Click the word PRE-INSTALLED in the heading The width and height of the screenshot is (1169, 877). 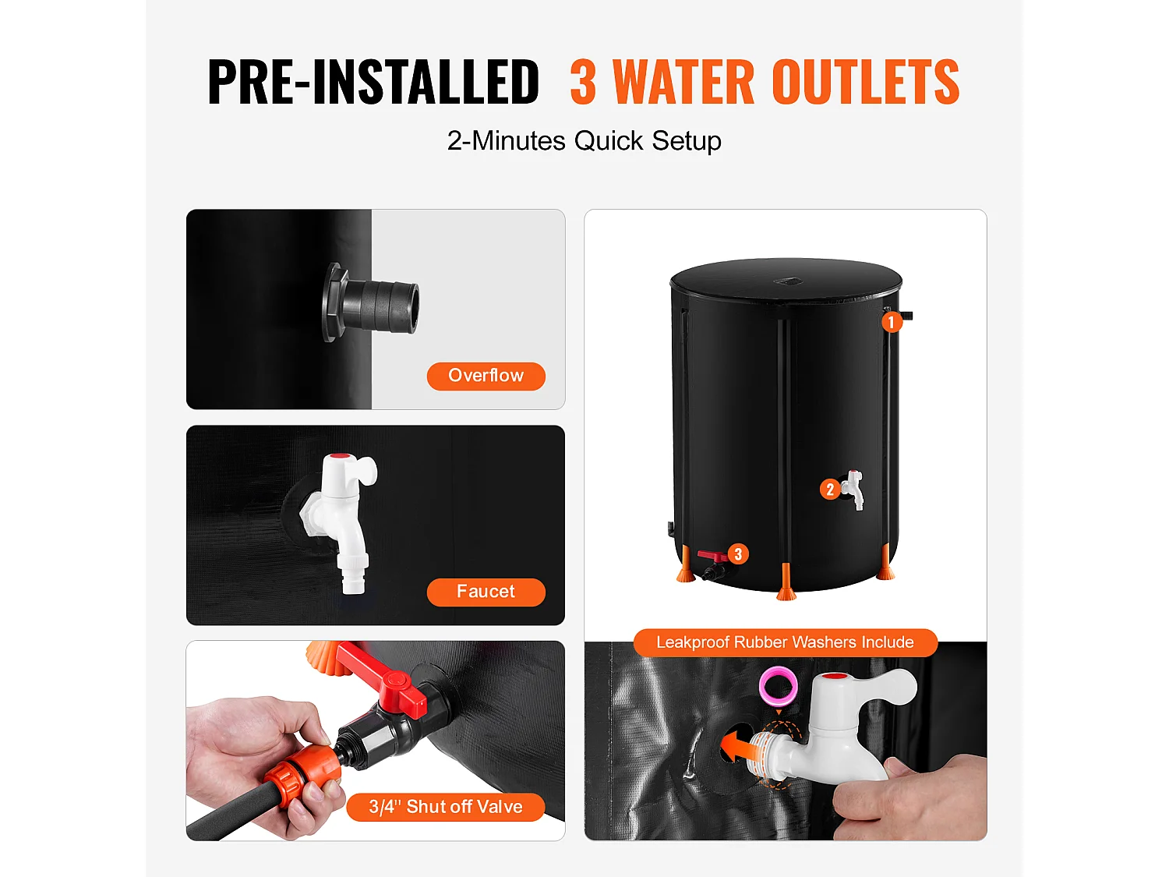[x=373, y=82]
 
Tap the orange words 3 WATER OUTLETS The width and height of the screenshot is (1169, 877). [x=765, y=82]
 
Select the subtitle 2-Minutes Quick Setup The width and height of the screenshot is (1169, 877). [x=584, y=141]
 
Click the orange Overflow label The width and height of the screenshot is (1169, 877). [x=486, y=376]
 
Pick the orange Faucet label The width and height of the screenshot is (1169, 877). [x=486, y=592]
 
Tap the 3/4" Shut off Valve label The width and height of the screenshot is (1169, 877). [x=445, y=807]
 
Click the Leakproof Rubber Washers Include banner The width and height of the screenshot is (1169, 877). [x=785, y=642]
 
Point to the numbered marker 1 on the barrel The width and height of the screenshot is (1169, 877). [x=892, y=322]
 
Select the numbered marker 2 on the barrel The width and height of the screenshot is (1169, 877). [x=830, y=490]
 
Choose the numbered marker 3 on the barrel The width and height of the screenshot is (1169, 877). [x=737, y=554]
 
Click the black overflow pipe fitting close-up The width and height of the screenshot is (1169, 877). [x=374, y=302]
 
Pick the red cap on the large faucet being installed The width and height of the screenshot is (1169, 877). [x=835, y=677]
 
